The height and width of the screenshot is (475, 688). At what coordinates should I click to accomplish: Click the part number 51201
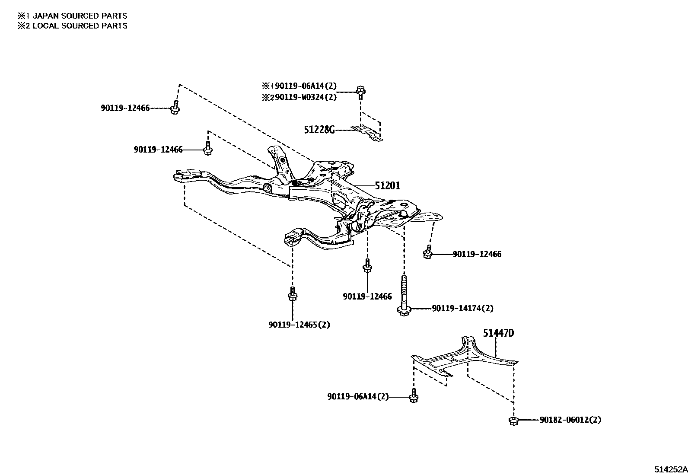tap(387, 186)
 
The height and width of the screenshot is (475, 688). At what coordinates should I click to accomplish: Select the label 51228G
tap(319, 130)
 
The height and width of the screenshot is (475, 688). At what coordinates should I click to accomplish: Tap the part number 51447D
tap(498, 333)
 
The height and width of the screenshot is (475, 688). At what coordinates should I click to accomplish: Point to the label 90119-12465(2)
tap(299, 325)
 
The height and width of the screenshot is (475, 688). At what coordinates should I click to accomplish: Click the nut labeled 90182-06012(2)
tap(513, 421)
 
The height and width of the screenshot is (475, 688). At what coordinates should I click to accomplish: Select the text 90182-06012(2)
tap(570, 420)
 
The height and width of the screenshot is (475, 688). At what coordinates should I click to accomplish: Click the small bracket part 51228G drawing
tap(367, 132)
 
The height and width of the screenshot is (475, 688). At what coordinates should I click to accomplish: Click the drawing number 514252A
tap(670, 469)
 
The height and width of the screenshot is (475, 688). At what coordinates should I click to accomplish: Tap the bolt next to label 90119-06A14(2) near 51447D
tap(413, 397)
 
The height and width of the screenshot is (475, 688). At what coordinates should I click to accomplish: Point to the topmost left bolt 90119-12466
tap(175, 108)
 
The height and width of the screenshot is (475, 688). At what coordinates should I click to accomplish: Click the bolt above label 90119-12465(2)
tap(292, 294)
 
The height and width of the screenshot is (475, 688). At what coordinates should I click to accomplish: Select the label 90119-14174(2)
tap(462, 309)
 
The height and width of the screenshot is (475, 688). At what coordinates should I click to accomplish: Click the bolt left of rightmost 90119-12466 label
tap(427, 252)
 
